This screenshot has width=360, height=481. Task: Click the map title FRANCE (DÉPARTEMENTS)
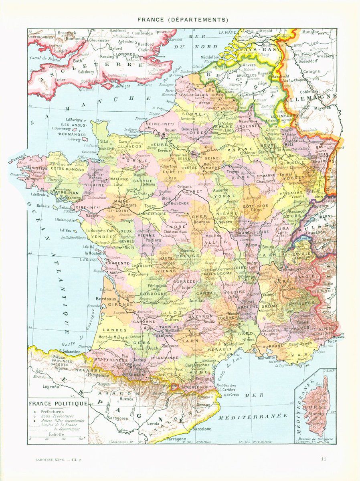pos(183,19)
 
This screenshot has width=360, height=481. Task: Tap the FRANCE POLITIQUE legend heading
pos(58,404)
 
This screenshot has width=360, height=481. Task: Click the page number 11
pos(324,459)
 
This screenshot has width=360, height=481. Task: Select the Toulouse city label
pos(170,346)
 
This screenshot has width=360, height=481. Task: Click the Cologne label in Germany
pos(311,72)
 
